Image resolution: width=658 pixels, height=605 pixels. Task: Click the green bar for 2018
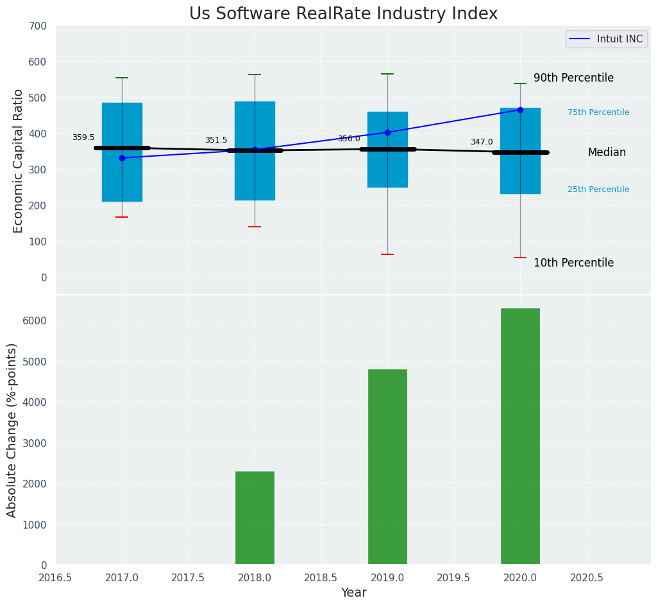(x=255, y=518)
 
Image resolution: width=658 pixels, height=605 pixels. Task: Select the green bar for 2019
(x=387, y=467)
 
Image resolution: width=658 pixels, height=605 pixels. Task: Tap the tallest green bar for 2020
(x=520, y=437)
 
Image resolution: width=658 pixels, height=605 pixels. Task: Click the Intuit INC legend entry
(x=606, y=39)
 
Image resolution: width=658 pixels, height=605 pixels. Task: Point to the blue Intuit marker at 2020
(x=520, y=110)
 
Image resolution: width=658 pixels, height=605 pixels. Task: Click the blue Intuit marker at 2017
(x=122, y=158)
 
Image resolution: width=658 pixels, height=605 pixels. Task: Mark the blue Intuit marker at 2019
(x=387, y=132)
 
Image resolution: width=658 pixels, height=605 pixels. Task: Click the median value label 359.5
(x=83, y=137)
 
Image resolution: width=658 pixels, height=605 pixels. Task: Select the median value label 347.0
(x=482, y=142)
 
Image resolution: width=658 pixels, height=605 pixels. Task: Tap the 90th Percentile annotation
(x=573, y=78)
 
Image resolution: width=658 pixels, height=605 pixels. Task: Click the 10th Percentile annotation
(x=573, y=263)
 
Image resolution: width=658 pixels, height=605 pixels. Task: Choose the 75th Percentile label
(x=598, y=112)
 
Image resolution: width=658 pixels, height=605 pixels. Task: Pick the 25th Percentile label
(x=598, y=189)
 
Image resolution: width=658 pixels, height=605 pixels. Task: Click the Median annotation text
(x=607, y=152)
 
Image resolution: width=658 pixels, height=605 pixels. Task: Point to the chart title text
(x=343, y=14)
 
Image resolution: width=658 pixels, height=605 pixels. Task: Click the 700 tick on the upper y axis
(x=38, y=26)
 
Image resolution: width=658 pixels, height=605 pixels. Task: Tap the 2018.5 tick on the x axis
(x=321, y=578)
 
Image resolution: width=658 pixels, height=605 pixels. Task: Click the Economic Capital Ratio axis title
(x=19, y=161)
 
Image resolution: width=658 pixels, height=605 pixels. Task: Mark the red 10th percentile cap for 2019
(x=387, y=254)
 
